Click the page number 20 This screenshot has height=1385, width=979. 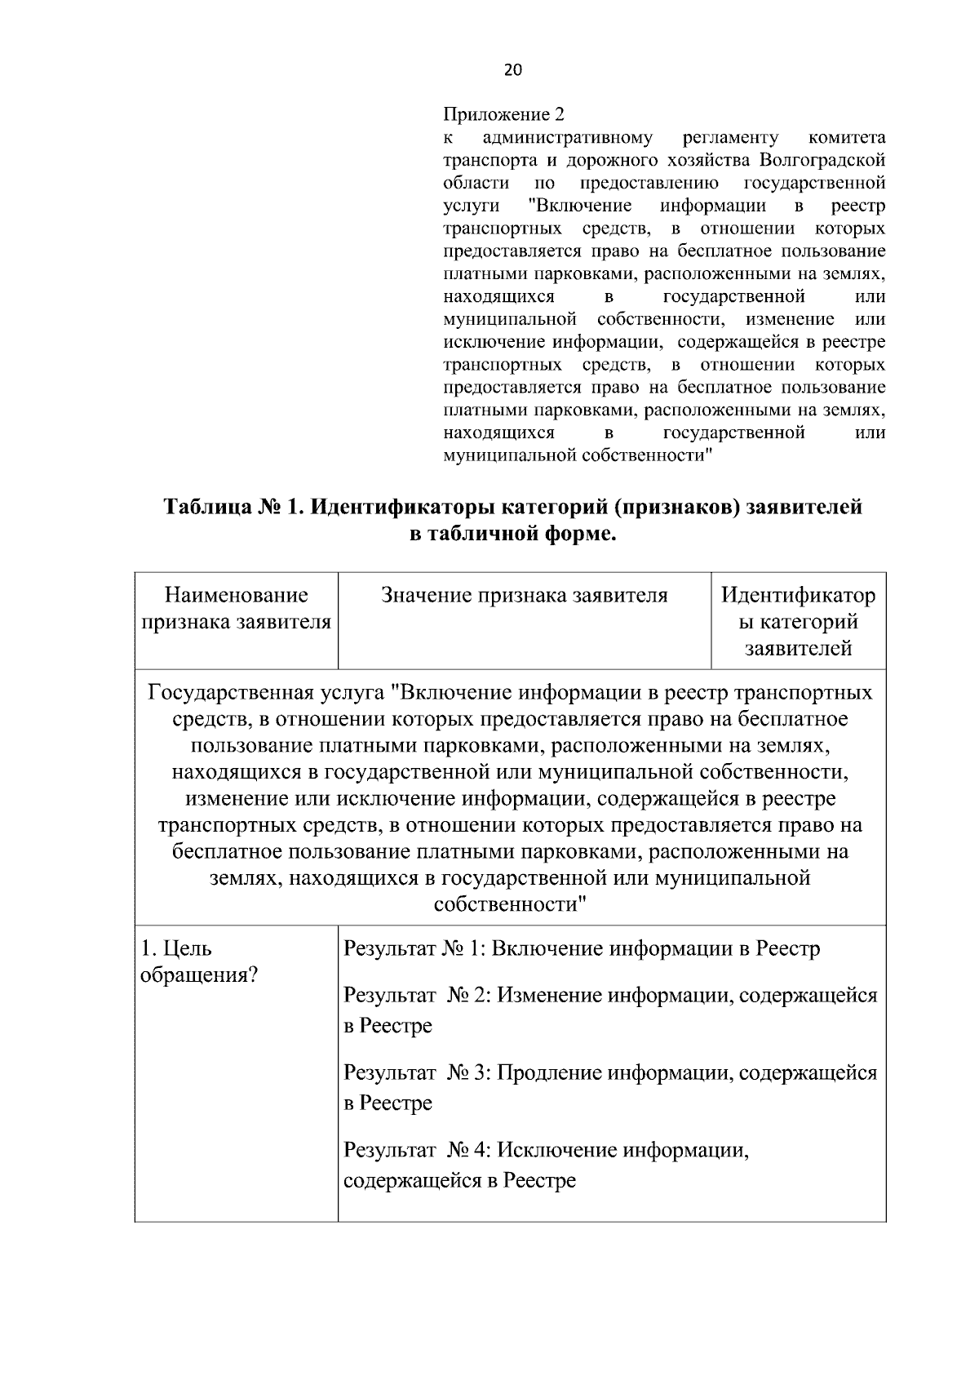[512, 69]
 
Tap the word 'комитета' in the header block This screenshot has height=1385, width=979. [846, 136]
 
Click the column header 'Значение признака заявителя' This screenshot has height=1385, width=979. [525, 596]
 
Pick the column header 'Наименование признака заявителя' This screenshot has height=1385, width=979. [237, 609]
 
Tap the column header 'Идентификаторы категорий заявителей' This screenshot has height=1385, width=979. [798, 622]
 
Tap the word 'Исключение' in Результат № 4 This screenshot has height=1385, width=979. [556, 1151]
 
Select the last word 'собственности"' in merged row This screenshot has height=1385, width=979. [511, 904]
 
